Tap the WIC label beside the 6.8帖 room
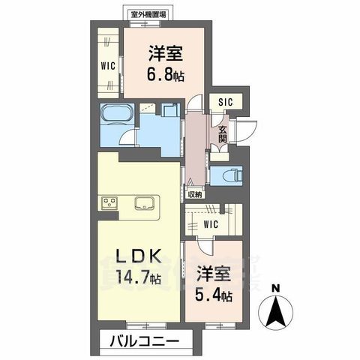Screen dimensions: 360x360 (106, 65)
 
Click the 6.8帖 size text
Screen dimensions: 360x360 (166, 75)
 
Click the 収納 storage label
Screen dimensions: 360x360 (195, 193)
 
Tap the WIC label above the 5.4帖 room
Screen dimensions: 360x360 (211, 223)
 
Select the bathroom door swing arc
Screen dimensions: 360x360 (130, 138)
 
